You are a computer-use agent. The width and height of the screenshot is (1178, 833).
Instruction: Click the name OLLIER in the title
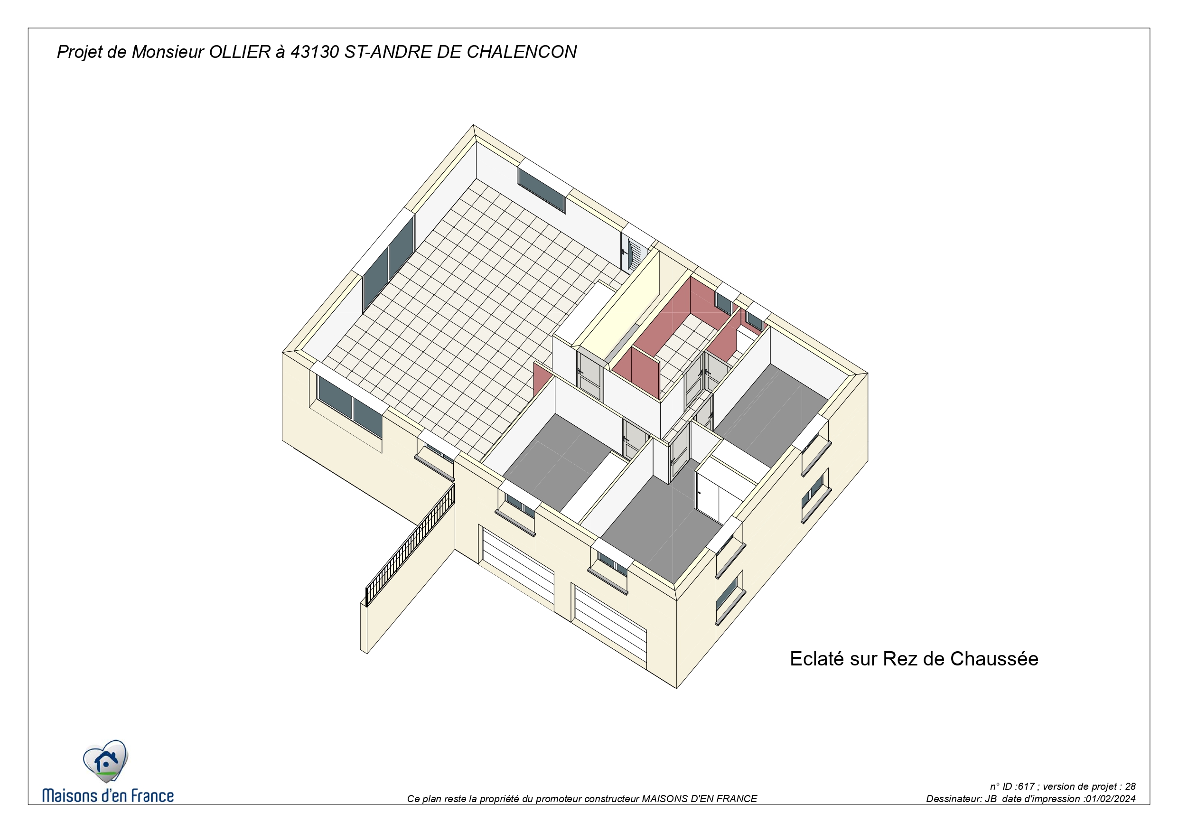point(240,52)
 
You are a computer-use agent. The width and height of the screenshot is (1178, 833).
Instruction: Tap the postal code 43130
point(315,52)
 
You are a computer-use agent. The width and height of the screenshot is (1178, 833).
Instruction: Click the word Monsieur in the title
point(168,52)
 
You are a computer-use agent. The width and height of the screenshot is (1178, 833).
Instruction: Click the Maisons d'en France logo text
point(108,795)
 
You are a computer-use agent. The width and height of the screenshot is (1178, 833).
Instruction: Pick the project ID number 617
point(1026,786)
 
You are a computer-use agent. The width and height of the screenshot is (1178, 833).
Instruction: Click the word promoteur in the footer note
point(558,799)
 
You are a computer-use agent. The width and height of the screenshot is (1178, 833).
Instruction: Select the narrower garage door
point(610,627)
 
